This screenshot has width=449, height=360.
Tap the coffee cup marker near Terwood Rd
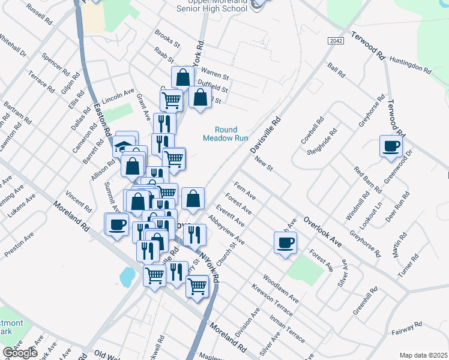391,146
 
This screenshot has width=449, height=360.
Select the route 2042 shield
337,41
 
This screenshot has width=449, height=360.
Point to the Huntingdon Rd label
410,65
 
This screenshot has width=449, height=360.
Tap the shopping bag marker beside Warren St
182,78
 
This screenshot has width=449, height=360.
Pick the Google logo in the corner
20,353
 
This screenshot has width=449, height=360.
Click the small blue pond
127,277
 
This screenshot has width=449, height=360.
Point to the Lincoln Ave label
118,94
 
